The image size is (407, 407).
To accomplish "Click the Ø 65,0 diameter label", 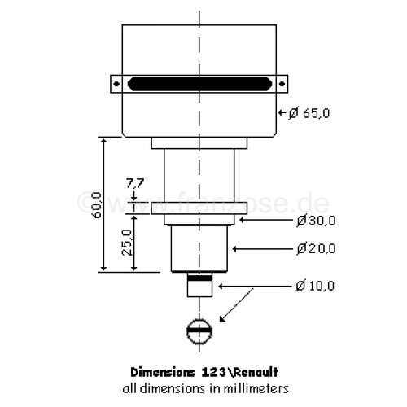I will [310, 114].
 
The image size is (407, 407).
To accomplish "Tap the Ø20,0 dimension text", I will [315, 248].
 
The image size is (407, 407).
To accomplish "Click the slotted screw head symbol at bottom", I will [199, 330].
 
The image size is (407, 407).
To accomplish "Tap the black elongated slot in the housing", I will [199, 84].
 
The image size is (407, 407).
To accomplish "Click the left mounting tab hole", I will [116, 84].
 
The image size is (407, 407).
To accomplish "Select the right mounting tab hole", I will [282, 84].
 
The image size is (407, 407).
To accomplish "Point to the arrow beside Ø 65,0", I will [282, 114].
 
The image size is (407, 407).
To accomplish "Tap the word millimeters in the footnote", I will [256, 388].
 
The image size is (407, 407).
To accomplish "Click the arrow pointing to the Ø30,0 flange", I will [260, 221].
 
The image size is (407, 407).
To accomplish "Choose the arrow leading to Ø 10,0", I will [252, 285].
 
